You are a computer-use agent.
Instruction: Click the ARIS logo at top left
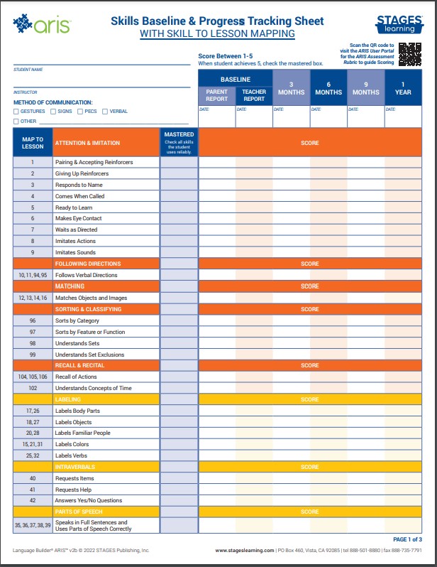point(43,25)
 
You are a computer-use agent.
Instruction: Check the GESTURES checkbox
point(16,112)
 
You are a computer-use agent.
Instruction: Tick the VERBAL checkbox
point(105,112)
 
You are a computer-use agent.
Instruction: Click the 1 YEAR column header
point(403,88)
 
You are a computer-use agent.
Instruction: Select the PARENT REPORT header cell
point(216,96)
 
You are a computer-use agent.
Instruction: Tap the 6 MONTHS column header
point(328,88)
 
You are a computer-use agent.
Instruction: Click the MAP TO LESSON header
point(33,143)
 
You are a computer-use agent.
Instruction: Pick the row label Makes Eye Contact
point(78,218)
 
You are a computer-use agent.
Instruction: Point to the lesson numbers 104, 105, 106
point(33,377)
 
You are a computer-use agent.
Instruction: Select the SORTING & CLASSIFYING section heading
point(88,309)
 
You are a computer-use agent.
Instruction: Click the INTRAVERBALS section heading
point(74,467)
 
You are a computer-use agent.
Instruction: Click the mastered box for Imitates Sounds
point(179,252)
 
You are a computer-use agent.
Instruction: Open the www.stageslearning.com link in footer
point(244,550)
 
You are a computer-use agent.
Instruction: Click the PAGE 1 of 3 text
point(407,540)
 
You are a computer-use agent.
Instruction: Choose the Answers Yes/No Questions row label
point(88,500)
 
